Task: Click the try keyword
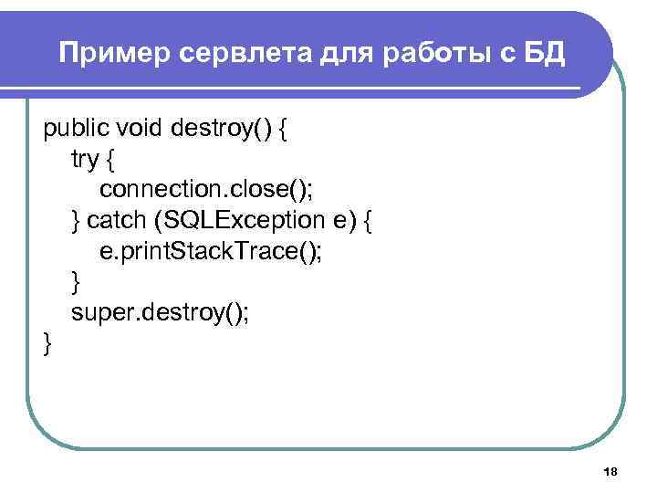(85, 160)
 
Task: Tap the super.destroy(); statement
(160, 314)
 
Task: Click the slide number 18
(610, 471)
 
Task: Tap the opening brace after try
(111, 160)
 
